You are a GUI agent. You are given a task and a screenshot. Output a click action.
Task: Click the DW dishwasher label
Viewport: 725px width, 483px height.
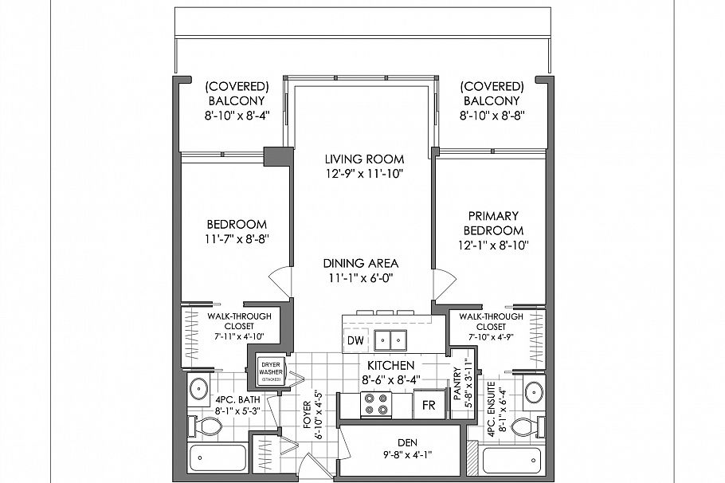[x=355, y=341]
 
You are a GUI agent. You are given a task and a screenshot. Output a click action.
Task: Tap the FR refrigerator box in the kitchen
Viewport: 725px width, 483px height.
[x=429, y=404]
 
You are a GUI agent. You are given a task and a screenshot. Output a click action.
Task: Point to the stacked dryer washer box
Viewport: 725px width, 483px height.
[x=271, y=371]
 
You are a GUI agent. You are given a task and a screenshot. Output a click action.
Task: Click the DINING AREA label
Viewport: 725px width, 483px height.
[x=360, y=263]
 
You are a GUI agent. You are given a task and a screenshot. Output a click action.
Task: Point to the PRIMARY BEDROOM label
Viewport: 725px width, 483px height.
[x=493, y=223]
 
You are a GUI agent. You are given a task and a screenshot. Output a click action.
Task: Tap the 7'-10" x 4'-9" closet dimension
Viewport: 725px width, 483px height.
[x=491, y=337]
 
